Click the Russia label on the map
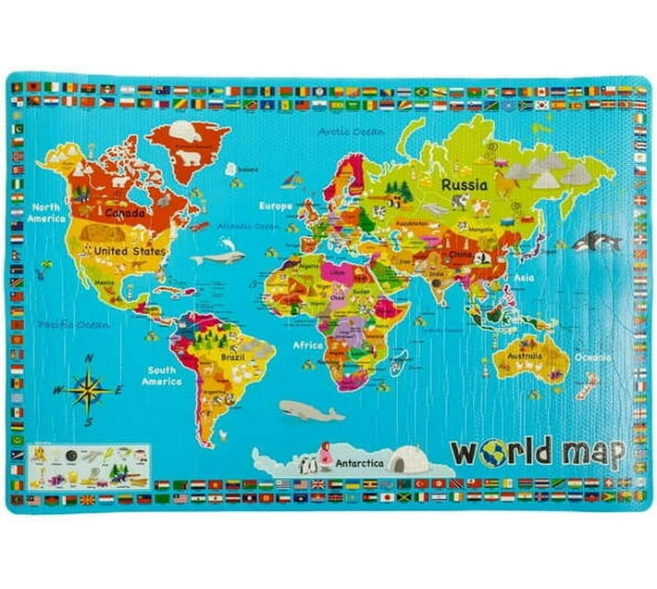tap(464, 184)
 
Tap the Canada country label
tap(125, 213)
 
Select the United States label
tap(130, 251)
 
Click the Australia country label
tap(523, 354)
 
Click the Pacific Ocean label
tap(73, 325)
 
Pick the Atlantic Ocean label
tap(248, 226)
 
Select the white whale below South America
tap(310, 410)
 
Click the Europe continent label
tap(275, 206)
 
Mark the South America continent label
tap(161, 375)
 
